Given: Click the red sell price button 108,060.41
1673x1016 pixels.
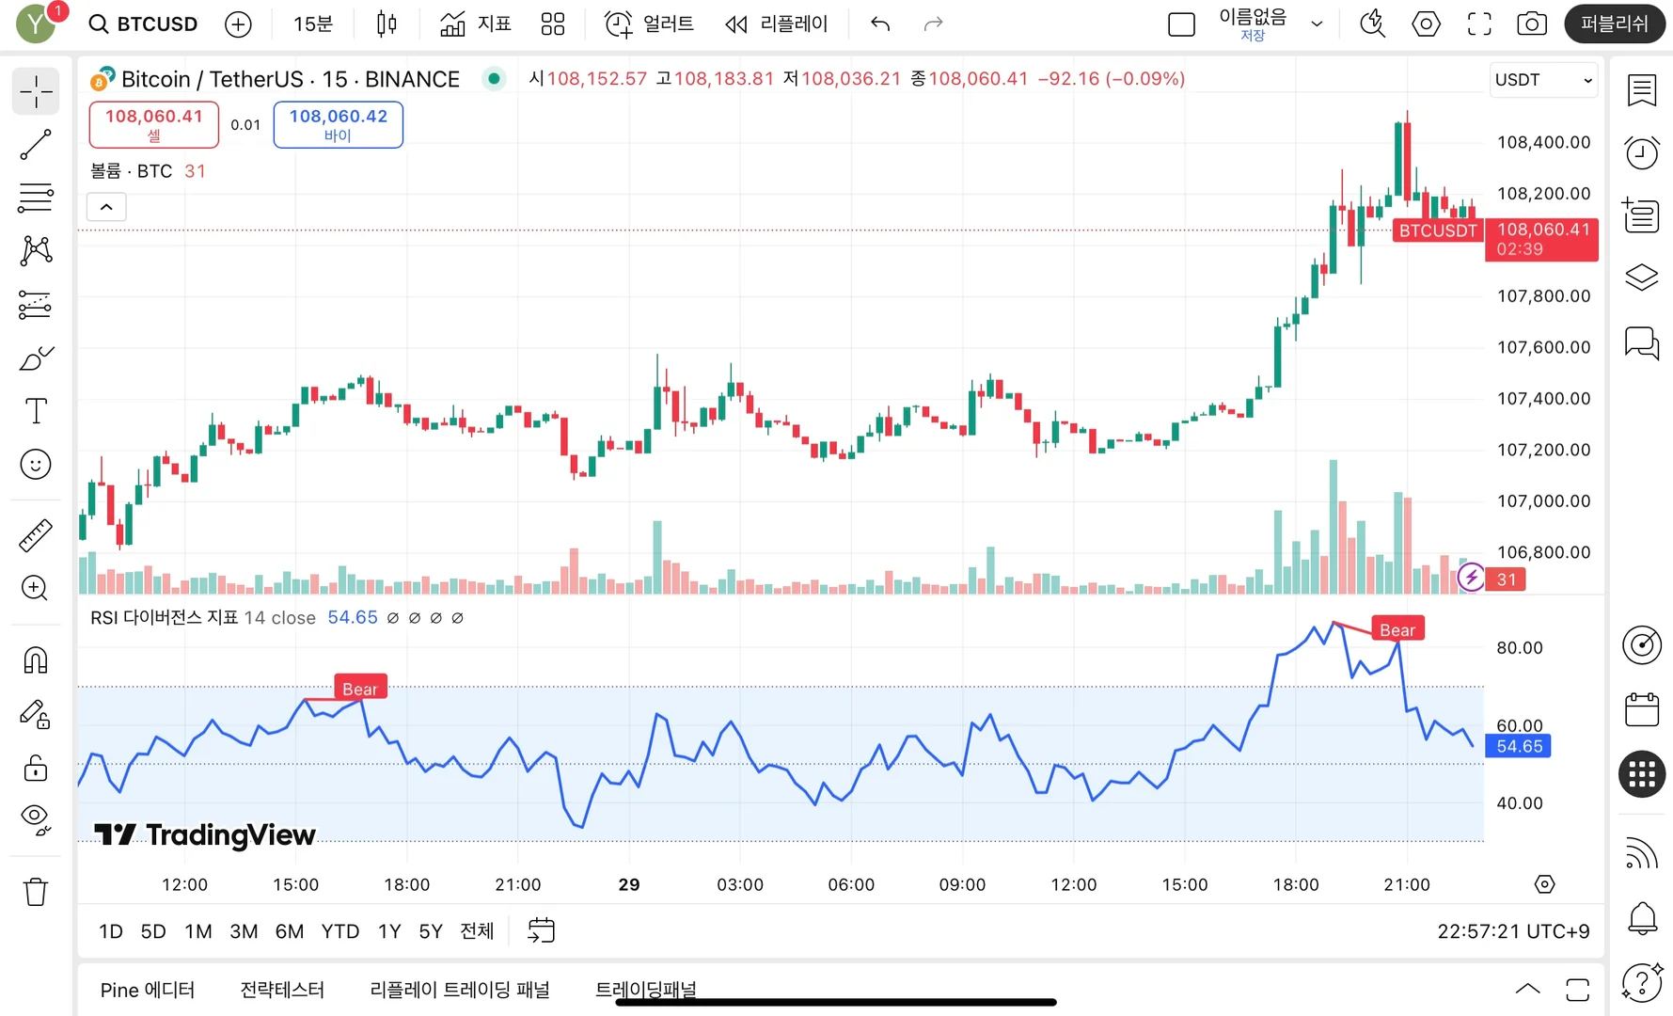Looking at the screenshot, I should (x=153, y=124).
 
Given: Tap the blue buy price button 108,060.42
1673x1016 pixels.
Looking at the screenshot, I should (x=338, y=124).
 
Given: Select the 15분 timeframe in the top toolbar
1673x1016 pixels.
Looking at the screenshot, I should (x=312, y=24).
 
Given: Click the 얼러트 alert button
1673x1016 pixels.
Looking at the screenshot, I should (x=649, y=24).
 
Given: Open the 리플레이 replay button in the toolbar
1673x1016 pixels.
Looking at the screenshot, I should (x=777, y=24).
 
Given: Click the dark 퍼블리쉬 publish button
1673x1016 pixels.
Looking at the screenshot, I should (x=1614, y=24).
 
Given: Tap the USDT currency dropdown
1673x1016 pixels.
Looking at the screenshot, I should (x=1543, y=80).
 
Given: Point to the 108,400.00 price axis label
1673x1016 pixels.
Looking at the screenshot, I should (x=1543, y=142).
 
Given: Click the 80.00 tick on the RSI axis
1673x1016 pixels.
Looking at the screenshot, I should (x=1519, y=647).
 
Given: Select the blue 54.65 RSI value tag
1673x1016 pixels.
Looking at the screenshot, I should (x=1518, y=746).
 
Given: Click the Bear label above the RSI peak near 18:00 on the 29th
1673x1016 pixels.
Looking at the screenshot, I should (x=1397, y=629).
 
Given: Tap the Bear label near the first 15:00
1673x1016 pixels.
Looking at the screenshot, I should (x=360, y=689).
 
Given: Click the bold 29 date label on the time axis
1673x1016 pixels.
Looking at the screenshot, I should (x=629, y=884).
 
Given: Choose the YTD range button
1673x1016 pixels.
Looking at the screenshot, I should (x=339, y=931).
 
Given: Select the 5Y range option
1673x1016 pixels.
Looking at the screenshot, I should (x=430, y=931).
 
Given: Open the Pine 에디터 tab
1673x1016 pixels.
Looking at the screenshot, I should (x=147, y=990).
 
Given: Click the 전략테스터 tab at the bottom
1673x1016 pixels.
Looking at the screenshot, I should (x=282, y=990).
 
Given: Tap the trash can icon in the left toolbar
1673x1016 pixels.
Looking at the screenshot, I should (x=36, y=891).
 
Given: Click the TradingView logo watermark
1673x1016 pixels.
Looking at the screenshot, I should (x=205, y=834).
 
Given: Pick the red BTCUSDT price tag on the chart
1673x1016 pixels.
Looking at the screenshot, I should (x=1437, y=230).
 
